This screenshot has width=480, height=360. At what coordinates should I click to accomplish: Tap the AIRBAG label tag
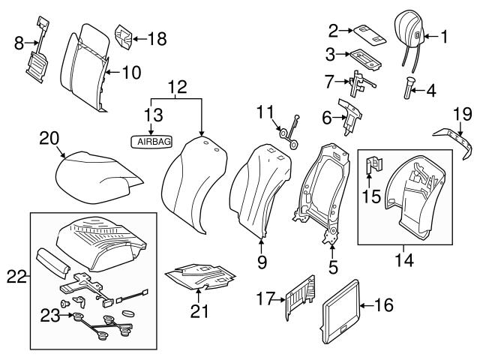(x=151, y=140)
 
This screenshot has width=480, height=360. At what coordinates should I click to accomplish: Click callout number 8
(x=19, y=43)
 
